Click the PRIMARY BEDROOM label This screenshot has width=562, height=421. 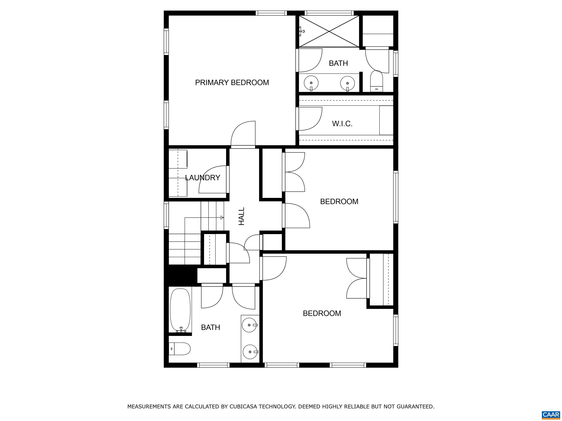[232, 82]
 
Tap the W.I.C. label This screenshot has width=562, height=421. [342, 124]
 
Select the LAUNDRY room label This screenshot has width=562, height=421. [203, 178]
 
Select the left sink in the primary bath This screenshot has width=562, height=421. [311, 83]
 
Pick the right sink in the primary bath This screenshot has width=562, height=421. [347, 83]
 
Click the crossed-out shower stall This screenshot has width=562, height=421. [329, 31]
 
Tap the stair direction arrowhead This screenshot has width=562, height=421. [222, 217]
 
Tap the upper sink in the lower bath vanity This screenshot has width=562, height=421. [249, 325]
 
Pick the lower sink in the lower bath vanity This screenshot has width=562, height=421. [250, 352]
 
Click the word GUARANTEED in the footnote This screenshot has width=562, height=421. [415, 407]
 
